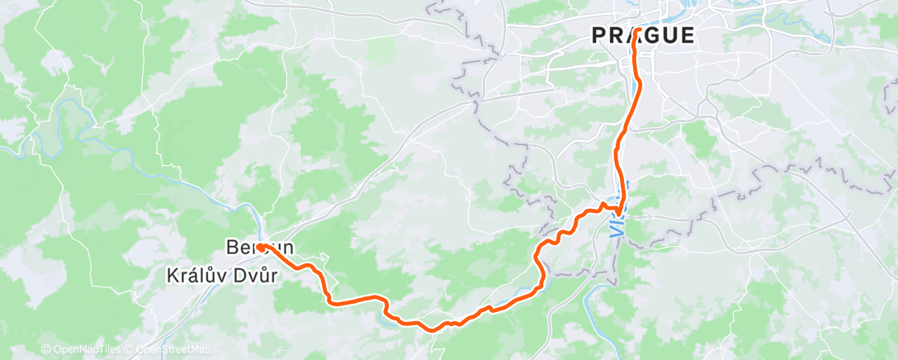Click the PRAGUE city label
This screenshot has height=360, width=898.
pyautogui.click(x=642, y=36)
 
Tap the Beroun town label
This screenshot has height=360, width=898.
pyautogui.click(x=259, y=247)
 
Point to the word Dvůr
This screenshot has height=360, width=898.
pyautogui.click(x=257, y=277)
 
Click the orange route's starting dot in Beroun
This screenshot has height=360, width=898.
pyautogui.click(x=259, y=246)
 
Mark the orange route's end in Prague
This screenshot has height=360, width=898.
pyautogui.click(x=637, y=31)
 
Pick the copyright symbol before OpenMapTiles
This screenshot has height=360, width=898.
pyautogui.click(x=46, y=350)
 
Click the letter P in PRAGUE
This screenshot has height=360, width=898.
pyautogui.click(x=598, y=36)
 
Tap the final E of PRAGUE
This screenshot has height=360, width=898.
pyautogui.click(x=687, y=36)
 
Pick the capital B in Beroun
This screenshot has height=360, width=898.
pyautogui.click(x=231, y=247)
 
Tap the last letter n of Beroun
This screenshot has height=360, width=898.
pyautogui.click(x=289, y=247)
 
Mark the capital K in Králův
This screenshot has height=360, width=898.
pyautogui.click(x=173, y=277)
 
